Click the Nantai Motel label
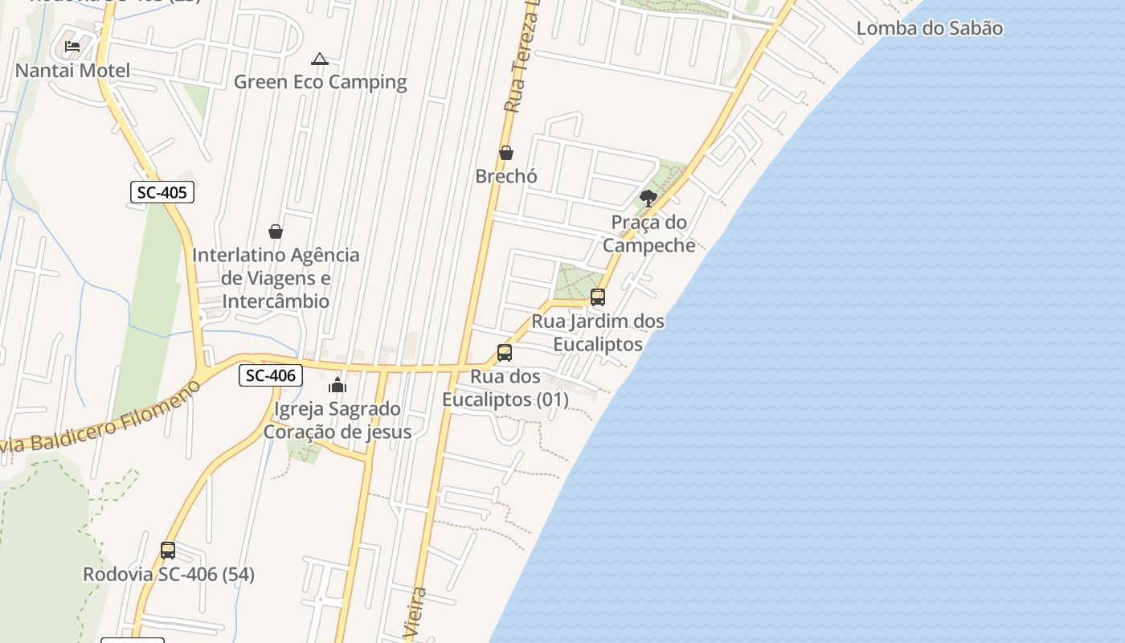click(72, 71)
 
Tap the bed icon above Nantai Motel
click(72, 46)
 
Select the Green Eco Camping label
click(320, 82)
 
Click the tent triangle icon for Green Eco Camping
click(320, 59)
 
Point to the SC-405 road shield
click(162, 192)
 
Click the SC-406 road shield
click(271, 375)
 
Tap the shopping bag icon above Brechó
click(506, 153)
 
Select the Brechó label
click(506, 176)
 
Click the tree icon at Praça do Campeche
click(648, 198)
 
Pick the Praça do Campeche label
click(648, 234)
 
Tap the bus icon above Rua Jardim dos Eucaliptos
click(597, 297)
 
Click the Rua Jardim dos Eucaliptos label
click(598, 333)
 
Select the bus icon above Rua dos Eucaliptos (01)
click(505, 353)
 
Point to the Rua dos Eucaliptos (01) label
click(505, 388)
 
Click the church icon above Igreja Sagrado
click(337, 385)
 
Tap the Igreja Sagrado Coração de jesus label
click(337, 420)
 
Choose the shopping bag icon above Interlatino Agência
click(276, 231)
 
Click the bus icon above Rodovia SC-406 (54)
click(168, 551)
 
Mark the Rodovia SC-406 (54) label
click(169, 575)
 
